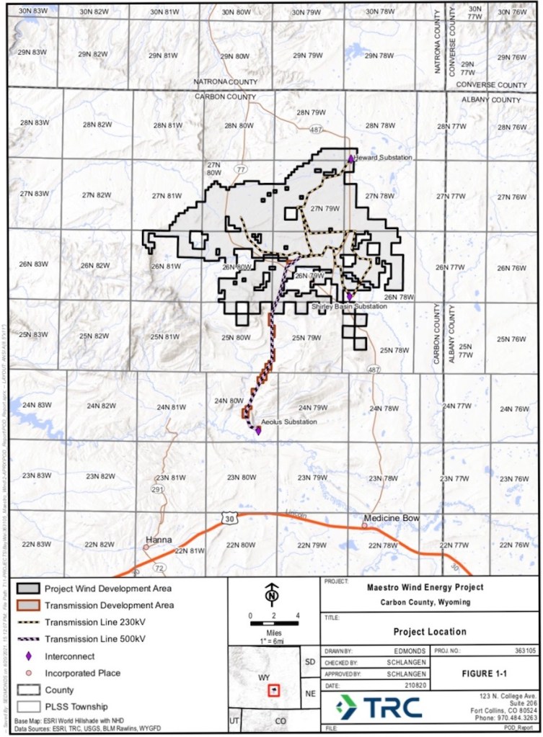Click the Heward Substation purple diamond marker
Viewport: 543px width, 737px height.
tap(351, 158)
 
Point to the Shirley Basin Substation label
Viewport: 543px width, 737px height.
tap(349, 306)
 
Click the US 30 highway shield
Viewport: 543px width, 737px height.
tap(229, 519)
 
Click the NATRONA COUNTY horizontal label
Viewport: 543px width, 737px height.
tap(226, 83)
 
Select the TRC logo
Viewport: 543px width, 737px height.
tap(379, 707)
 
